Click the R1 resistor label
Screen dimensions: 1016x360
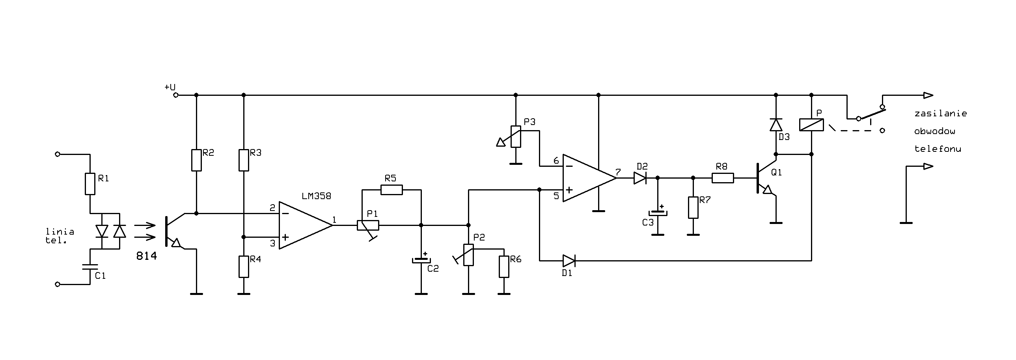103,179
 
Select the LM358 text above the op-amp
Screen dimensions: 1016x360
316,196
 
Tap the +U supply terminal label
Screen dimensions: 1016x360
170,87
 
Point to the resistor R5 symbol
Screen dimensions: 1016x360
391,190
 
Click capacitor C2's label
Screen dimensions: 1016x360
433,269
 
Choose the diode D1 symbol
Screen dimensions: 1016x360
569,261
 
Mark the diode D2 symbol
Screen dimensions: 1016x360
640,178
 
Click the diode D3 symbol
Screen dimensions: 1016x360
776,125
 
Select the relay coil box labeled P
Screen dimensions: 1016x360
811,125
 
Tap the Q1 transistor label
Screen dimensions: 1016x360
776,172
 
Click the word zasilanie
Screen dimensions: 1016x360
941,114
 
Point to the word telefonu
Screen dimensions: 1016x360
938,149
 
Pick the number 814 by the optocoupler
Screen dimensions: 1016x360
147,256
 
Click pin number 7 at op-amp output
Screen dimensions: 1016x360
618,172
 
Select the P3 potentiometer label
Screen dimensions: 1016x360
530,122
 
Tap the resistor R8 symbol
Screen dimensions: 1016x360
723,178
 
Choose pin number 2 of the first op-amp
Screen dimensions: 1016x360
272,208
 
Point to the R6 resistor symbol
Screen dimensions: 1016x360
503,267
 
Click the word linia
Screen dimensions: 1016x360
60,231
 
